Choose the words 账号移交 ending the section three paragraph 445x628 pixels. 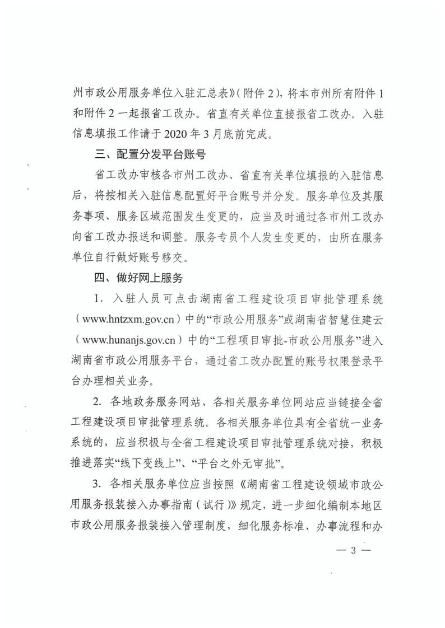point(168,257)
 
